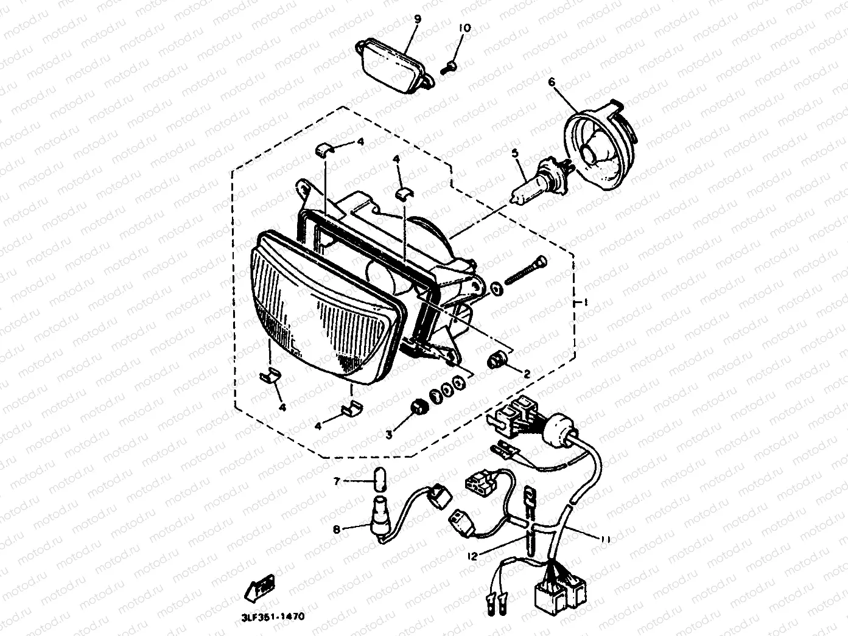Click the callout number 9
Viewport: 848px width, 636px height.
tap(418, 19)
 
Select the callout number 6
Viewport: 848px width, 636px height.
tap(552, 82)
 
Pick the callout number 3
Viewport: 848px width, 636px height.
tap(389, 434)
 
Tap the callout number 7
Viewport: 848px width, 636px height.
tap(336, 481)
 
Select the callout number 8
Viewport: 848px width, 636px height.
tap(336, 529)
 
